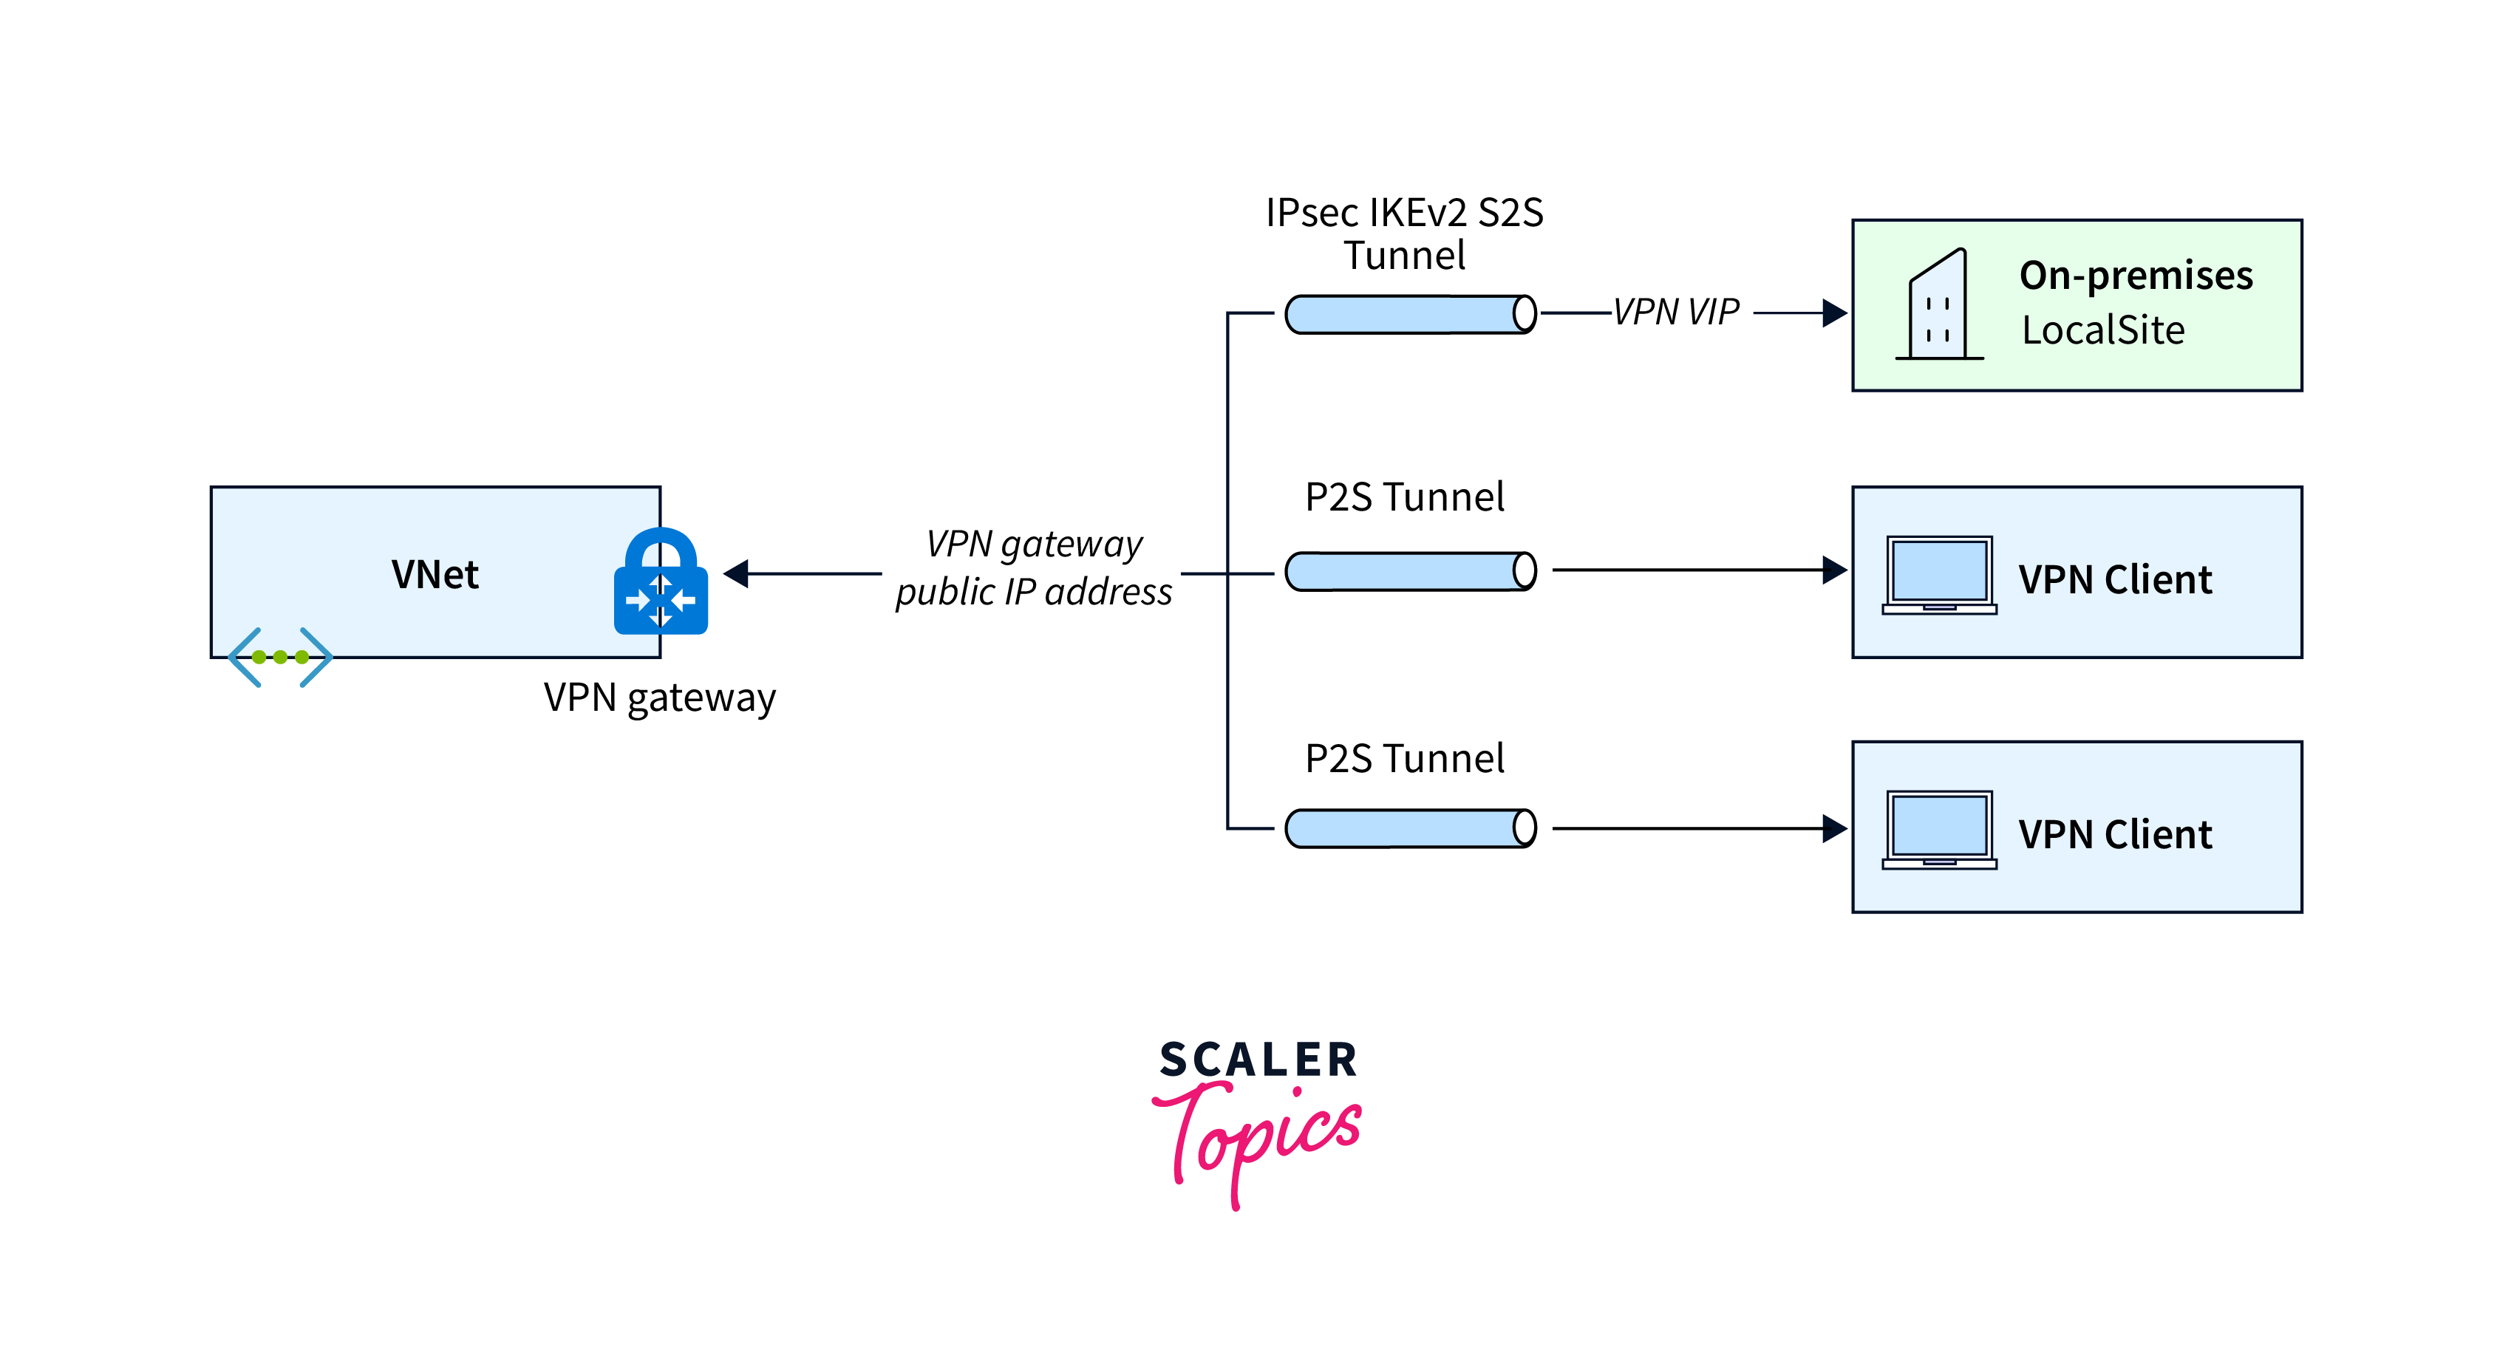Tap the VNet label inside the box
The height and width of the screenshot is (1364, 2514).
435,575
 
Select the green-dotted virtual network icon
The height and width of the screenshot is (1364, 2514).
280,658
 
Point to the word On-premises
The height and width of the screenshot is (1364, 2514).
2136,276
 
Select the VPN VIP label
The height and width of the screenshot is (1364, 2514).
1676,313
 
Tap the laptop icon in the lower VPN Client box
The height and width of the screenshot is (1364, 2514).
1939,829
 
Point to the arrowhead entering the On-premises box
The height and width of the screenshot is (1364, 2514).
1834,313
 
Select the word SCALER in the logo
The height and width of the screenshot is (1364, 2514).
1258,1060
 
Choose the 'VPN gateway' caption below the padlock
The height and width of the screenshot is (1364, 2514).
660,698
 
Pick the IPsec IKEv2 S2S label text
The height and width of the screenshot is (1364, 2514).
1404,214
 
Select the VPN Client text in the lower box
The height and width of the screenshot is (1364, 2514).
2115,835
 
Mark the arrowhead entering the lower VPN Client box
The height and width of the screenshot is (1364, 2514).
1834,828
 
